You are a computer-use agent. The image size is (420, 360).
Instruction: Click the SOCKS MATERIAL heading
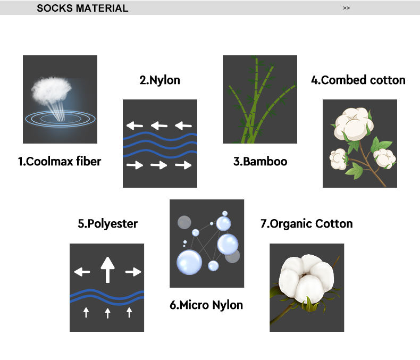click(x=82, y=8)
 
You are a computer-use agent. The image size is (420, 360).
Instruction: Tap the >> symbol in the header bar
click(x=347, y=8)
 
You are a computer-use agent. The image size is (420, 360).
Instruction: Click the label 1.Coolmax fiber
click(x=60, y=161)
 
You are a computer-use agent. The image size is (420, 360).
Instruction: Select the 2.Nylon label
click(x=159, y=80)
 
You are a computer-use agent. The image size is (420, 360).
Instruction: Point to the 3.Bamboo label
click(x=260, y=161)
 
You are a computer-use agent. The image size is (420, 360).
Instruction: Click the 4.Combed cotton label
click(x=358, y=80)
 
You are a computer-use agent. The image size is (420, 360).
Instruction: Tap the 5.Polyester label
click(x=107, y=224)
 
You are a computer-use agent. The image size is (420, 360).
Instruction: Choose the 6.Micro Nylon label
click(x=206, y=305)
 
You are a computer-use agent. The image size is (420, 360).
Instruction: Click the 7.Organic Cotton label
click(x=306, y=224)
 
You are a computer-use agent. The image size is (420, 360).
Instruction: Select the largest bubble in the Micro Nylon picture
click(x=189, y=262)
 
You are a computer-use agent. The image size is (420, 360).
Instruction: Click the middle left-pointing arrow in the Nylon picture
click(x=159, y=126)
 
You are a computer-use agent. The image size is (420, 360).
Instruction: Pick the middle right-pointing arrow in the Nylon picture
click(x=159, y=165)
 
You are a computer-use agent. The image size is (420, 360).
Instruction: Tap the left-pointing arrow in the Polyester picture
click(x=82, y=272)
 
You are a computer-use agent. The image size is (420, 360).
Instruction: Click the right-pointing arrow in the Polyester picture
click(x=133, y=272)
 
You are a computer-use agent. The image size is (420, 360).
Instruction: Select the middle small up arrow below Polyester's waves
click(x=107, y=313)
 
